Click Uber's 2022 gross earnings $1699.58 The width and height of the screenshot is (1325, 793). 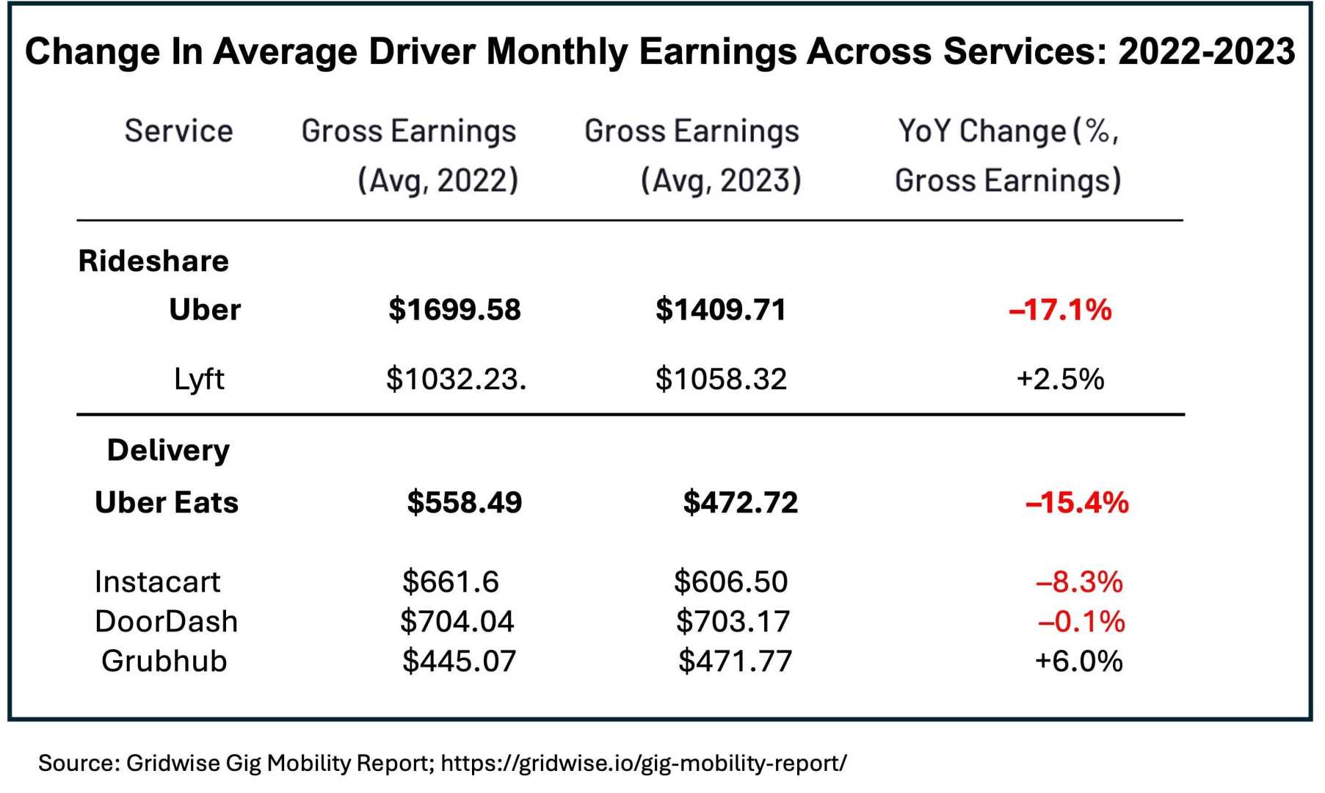click(454, 310)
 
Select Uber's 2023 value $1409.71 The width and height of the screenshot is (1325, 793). click(720, 310)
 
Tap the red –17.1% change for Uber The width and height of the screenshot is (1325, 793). click(1060, 310)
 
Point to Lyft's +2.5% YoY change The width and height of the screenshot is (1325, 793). click(1060, 380)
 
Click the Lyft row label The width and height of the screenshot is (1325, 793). click(199, 380)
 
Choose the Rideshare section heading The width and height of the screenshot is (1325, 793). click(153, 261)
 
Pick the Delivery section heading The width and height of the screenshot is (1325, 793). click(168, 450)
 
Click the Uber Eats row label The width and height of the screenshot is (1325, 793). click(167, 503)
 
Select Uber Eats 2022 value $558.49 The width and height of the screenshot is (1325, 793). click(464, 503)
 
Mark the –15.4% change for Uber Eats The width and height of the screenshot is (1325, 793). click(1077, 503)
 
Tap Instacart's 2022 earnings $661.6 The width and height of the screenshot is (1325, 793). click(450, 582)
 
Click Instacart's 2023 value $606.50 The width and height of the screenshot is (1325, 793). click(730, 582)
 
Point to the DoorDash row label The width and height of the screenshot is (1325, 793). click(167, 622)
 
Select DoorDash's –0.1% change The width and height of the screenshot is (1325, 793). click(1081, 622)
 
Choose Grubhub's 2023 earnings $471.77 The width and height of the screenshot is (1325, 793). click(735, 661)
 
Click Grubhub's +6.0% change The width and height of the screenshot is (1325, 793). click(1078, 661)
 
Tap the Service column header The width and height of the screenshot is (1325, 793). click(178, 131)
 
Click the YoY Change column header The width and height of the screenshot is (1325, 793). click(1008, 156)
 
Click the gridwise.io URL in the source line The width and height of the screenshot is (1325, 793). click(644, 763)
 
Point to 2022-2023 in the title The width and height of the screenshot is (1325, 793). click(1206, 51)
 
